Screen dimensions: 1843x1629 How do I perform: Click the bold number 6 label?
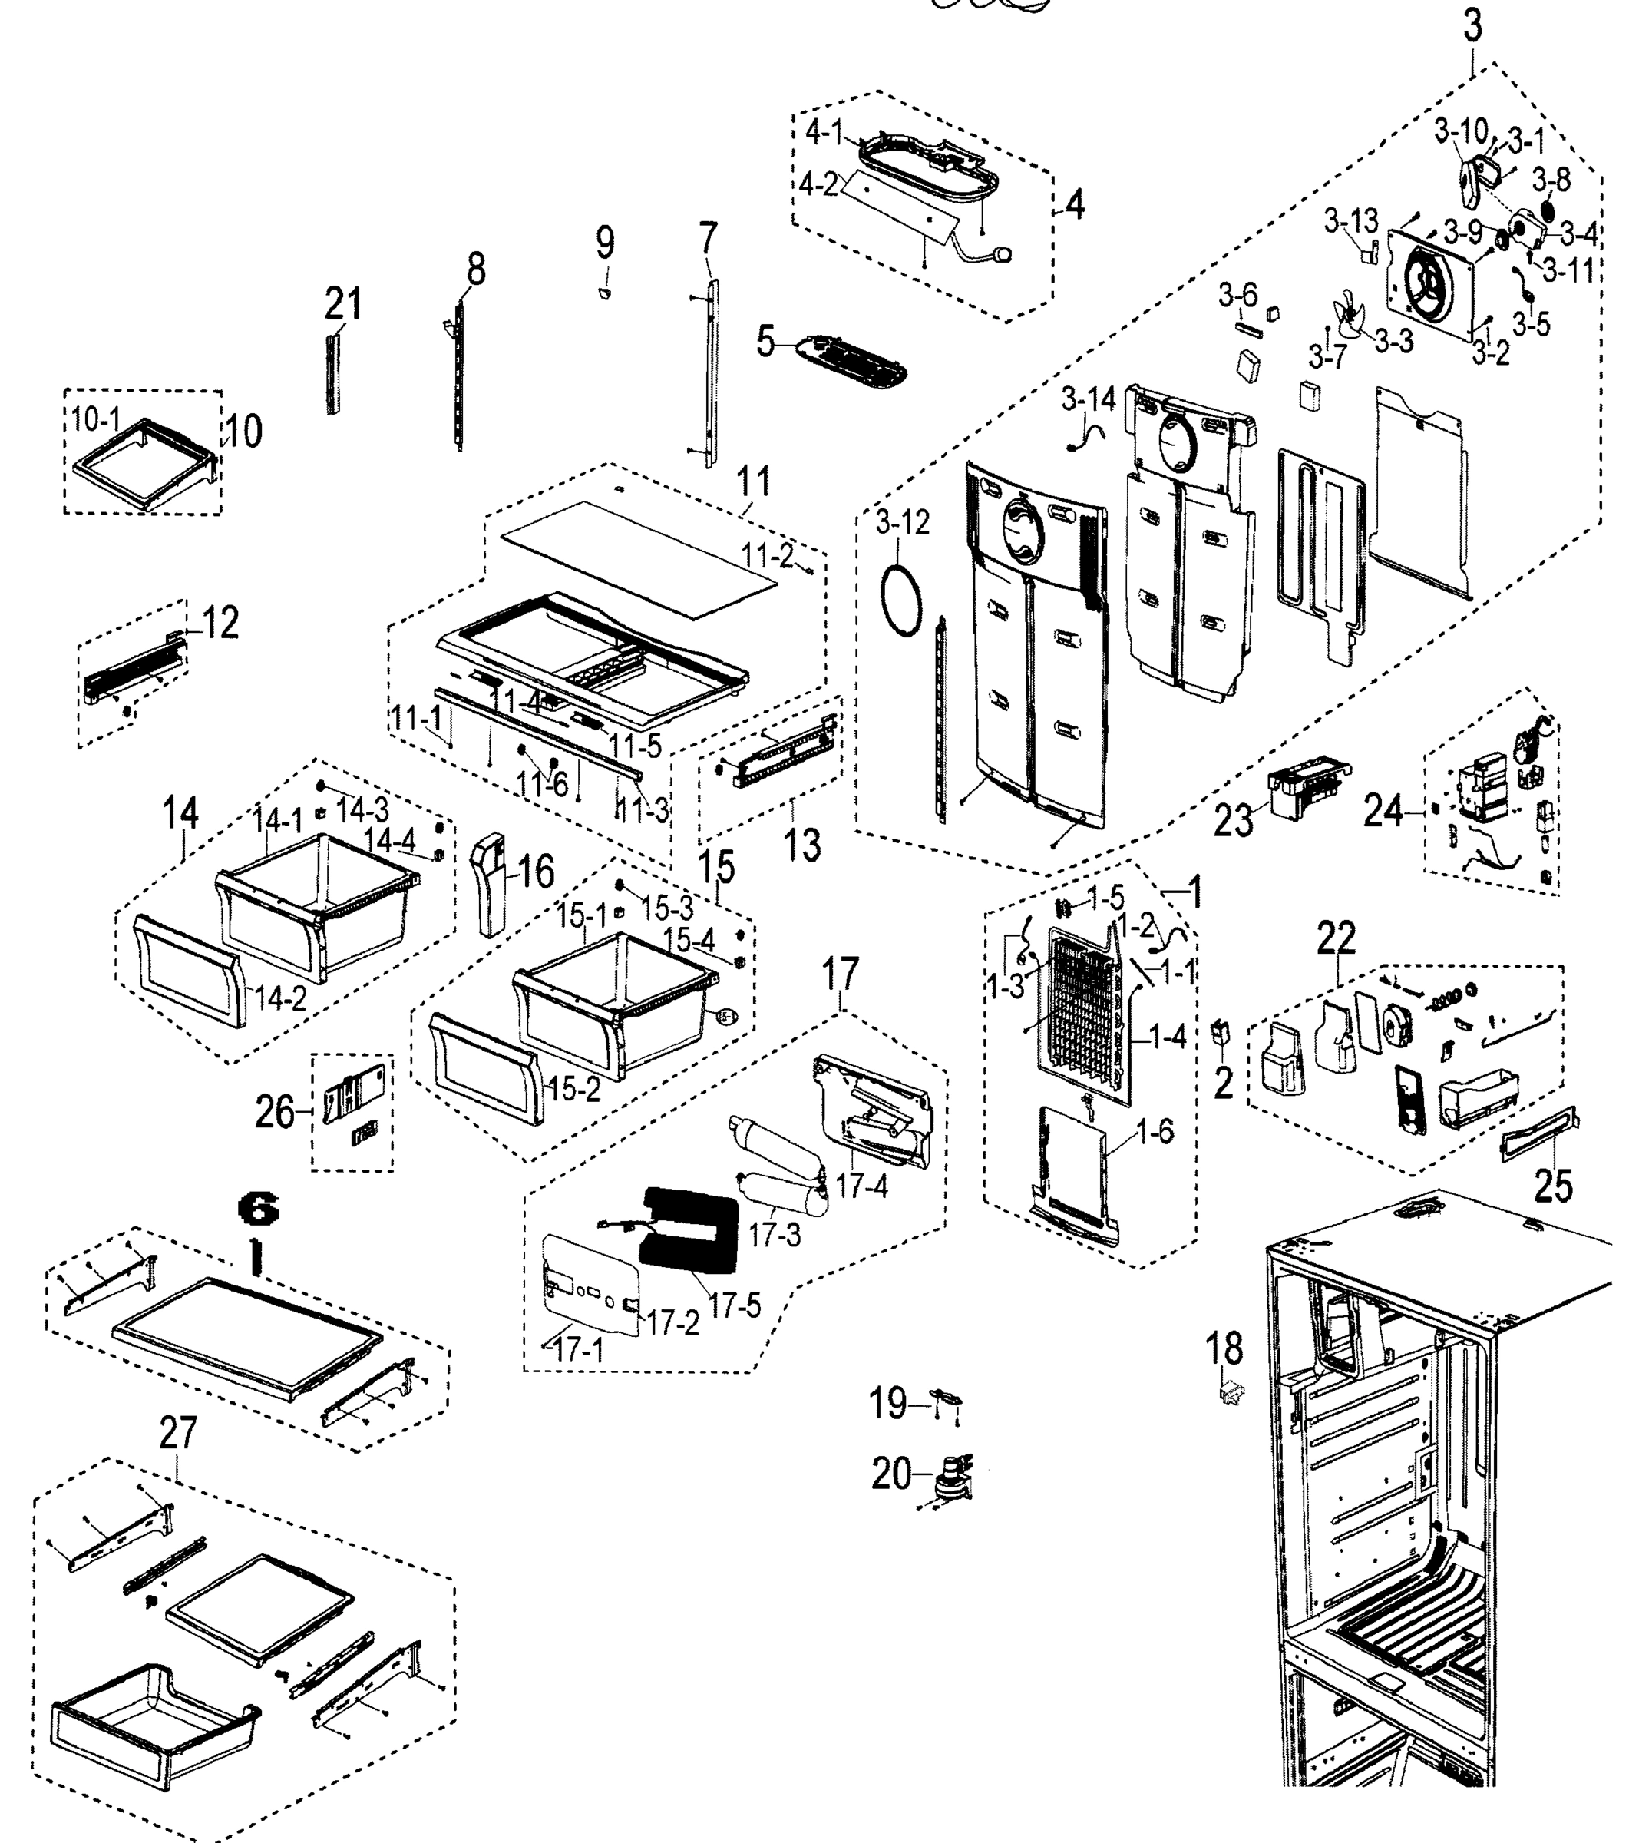click(x=258, y=1210)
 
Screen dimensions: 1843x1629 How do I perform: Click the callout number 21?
click(x=342, y=305)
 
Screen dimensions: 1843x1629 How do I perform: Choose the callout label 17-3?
click(x=775, y=1234)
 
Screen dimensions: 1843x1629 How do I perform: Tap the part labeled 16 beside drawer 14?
click(x=491, y=884)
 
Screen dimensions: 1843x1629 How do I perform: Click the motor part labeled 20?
click(x=950, y=1481)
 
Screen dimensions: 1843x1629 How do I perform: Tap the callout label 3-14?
click(x=1088, y=399)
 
